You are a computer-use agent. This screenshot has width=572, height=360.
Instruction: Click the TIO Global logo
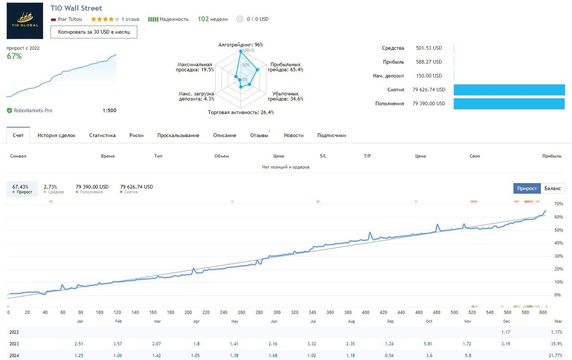coord(25,21)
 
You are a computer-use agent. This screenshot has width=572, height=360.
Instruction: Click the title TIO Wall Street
coord(76,8)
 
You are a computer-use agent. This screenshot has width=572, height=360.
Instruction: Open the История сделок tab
coord(56,135)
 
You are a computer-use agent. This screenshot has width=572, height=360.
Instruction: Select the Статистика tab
coord(102,135)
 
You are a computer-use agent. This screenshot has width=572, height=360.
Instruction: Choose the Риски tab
coord(137,135)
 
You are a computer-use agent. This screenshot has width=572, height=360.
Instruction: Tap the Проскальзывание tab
coord(178,135)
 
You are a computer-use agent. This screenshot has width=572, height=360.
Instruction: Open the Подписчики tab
coord(332,135)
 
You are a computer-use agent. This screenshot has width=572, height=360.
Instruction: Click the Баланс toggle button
coord(552,188)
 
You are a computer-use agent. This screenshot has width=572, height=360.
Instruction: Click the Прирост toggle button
coord(527,188)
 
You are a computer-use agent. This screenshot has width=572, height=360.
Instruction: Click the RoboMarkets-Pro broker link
coord(33,110)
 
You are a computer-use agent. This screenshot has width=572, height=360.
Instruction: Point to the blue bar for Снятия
coord(509,90)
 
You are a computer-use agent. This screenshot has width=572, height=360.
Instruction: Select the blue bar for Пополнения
coord(509,104)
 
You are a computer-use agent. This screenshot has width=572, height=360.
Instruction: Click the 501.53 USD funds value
coord(429,48)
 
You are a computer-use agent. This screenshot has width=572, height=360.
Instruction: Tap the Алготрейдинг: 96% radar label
coord(240,45)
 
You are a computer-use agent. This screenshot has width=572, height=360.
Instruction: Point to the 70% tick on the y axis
coord(558,204)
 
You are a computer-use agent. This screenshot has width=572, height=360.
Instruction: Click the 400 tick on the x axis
coord(365,312)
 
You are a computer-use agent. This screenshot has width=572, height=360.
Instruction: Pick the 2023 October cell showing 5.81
coord(428,344)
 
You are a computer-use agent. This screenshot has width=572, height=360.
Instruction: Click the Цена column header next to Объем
coord(278,156)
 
